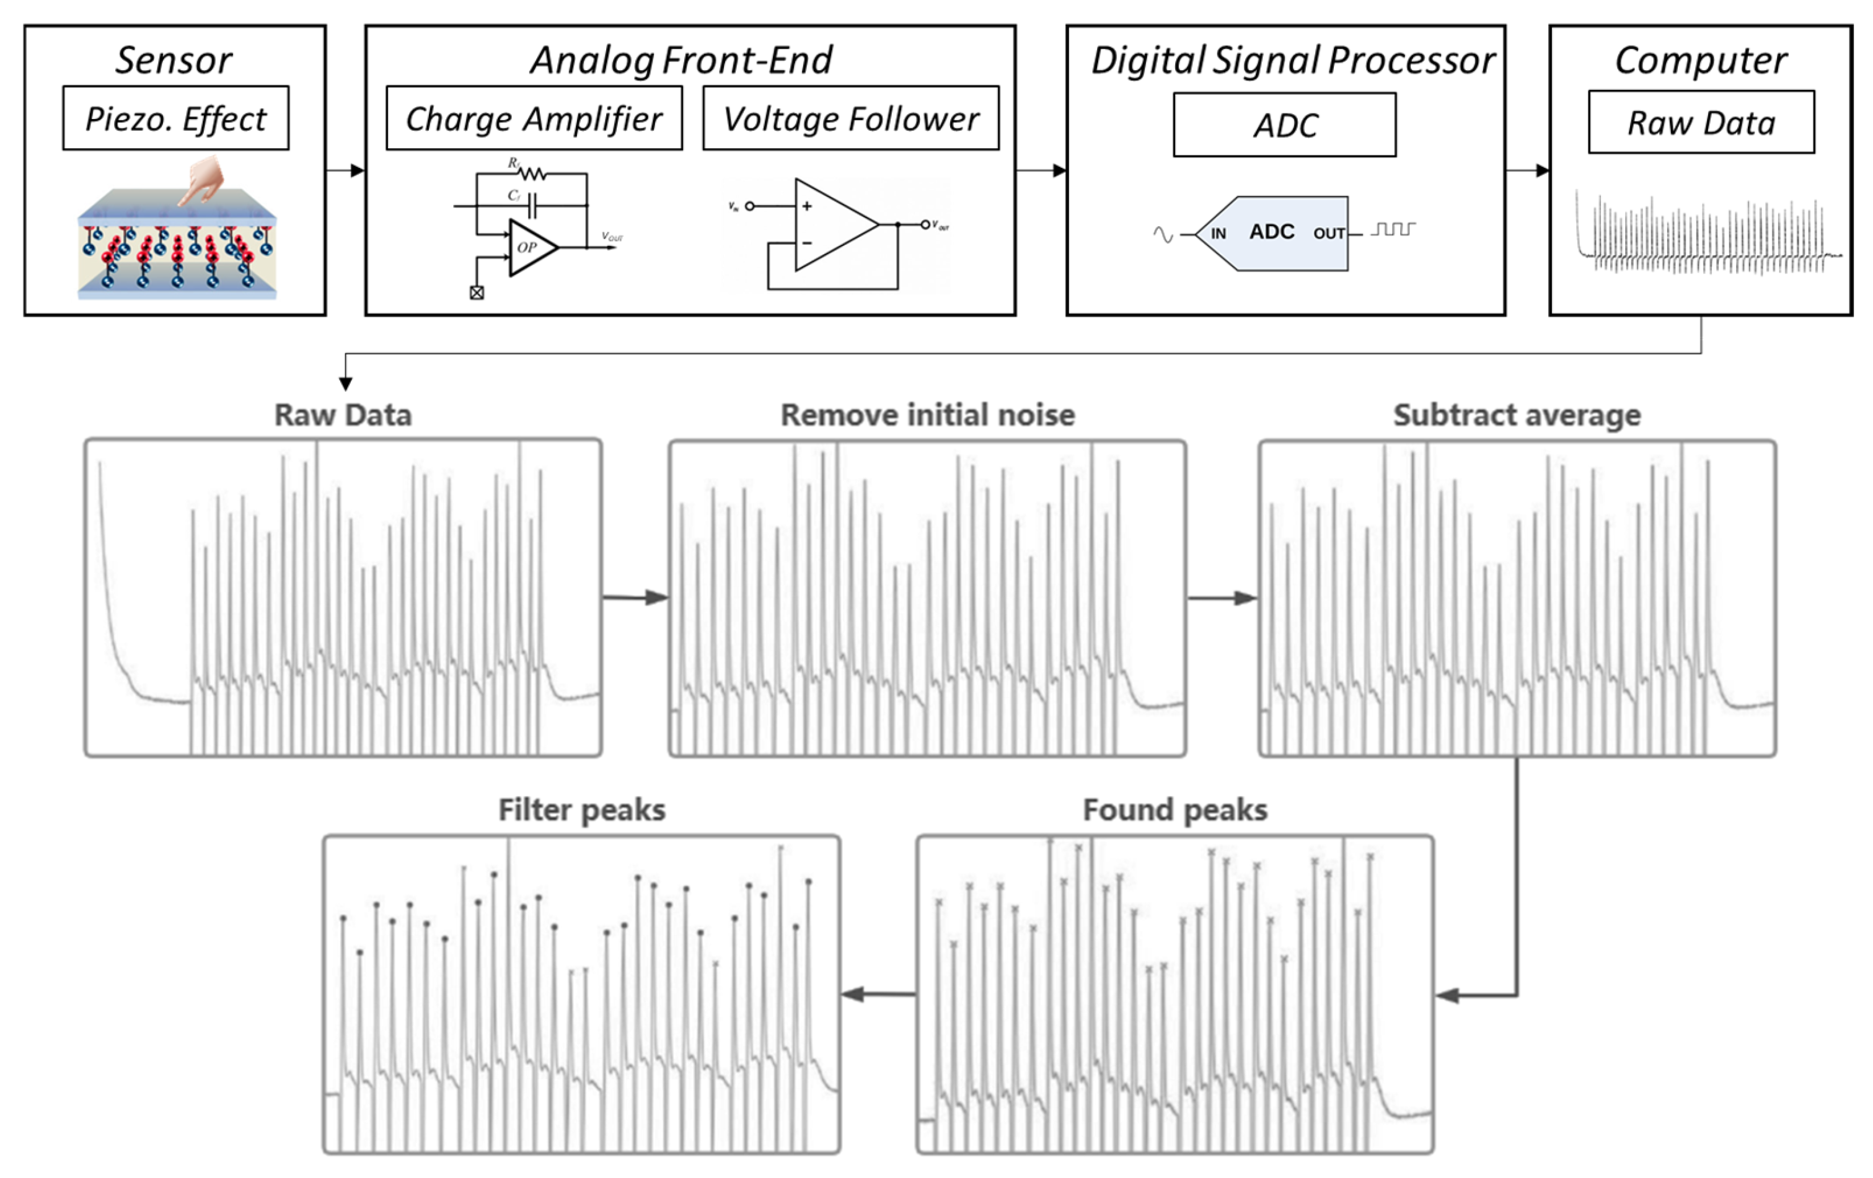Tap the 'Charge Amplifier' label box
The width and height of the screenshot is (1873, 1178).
click(x=534, y=118)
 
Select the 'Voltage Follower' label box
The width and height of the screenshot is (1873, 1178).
click(x=850, y=118)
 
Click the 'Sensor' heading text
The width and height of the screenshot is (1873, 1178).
click(x=174, y=60)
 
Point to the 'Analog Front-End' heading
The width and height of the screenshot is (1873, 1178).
click(x=681, y=60)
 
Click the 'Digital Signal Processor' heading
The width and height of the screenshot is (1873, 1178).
click(x=1292, y=60)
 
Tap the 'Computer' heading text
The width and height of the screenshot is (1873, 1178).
click(x=1700, y=60)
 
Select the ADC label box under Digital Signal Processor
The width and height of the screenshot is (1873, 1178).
click(x=1284, y=125)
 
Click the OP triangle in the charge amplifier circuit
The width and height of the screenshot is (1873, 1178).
click(x=531, y=247)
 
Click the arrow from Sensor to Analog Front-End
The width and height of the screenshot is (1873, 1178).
click(x=345, y=170)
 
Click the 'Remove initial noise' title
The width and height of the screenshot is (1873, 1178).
click(x=927, y=415)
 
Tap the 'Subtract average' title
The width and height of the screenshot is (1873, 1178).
click(x=1516, y=415)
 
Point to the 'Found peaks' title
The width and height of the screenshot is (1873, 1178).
click(x=1174, y=809)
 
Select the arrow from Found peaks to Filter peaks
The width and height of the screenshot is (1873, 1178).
click(x=878, y=994)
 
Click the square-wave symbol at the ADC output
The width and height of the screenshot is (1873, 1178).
click(x=1392, y=229)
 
